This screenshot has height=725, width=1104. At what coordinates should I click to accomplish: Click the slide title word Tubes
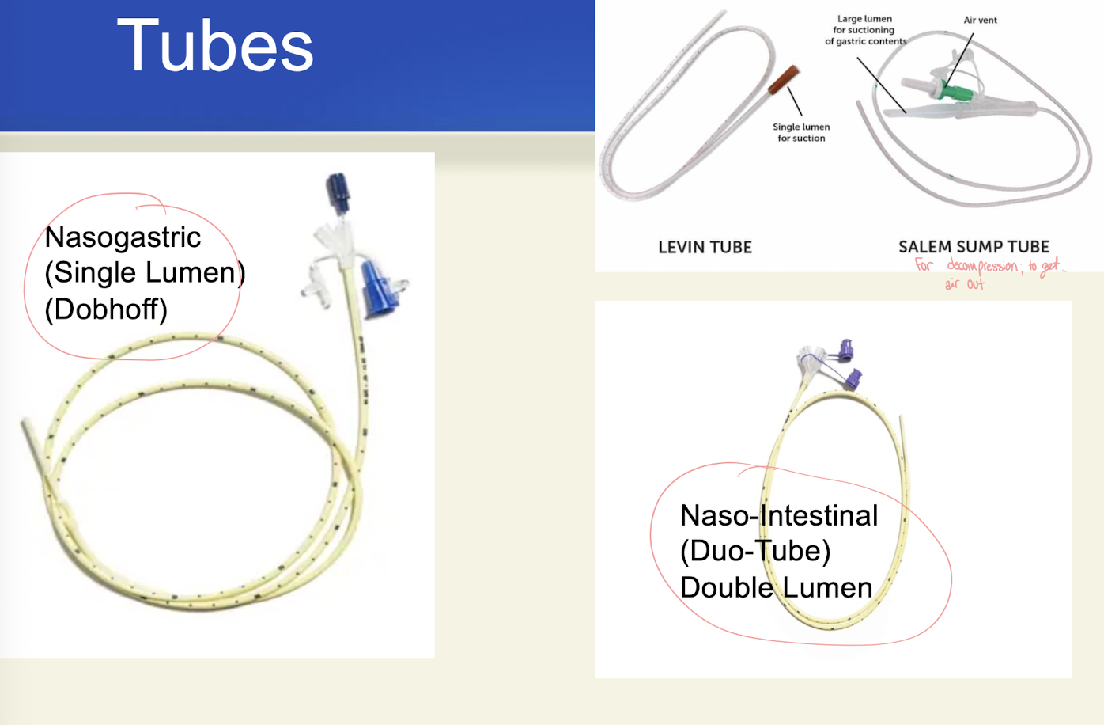point(215,47)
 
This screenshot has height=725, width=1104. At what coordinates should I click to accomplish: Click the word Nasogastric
point(123,237)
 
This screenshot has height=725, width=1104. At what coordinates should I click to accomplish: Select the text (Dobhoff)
point(106,309)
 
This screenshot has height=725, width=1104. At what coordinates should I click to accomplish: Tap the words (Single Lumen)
point(145,273)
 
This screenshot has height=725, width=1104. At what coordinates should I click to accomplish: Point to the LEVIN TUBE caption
point(705,248)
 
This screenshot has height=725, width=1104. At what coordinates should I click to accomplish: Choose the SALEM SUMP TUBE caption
point(974,247)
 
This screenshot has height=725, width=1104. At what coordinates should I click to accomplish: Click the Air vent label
point(980,21)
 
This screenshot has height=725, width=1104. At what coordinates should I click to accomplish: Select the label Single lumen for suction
point(801,132)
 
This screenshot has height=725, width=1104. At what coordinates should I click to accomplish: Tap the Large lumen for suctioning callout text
point(864,30)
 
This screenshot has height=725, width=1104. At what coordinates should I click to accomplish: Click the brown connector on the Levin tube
point(783,80)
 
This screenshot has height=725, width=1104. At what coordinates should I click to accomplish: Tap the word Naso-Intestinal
point(779,516)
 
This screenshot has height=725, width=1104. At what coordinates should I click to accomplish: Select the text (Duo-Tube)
point(755,552)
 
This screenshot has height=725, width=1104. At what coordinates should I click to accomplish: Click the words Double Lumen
point(776,588)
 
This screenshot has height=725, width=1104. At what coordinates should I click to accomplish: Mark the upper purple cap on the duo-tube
point(845,348)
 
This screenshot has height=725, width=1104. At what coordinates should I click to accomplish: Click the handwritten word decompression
point(982,266)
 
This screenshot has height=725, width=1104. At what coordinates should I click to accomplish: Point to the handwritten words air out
point(964,283)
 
